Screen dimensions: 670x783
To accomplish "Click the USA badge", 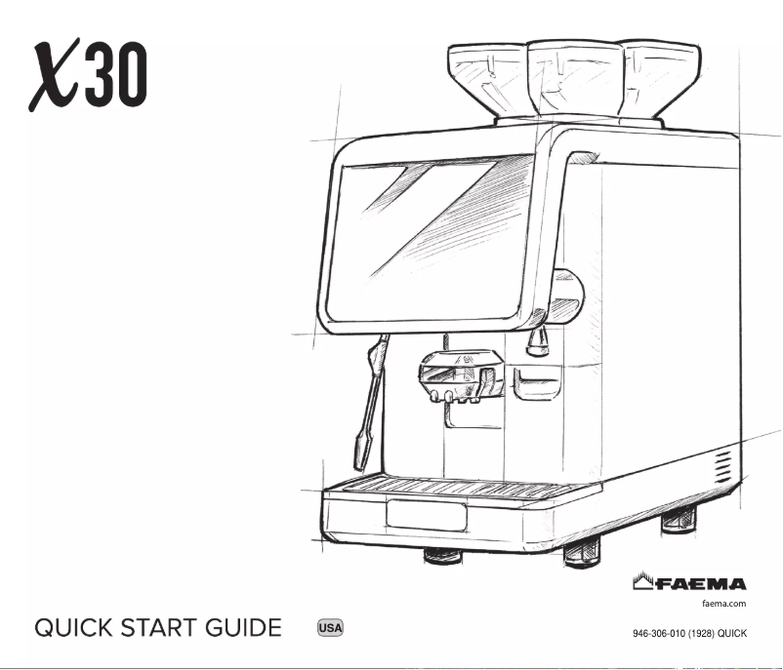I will click(x=329, y=627).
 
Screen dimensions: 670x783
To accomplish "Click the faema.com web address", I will click(x=724, y=604).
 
